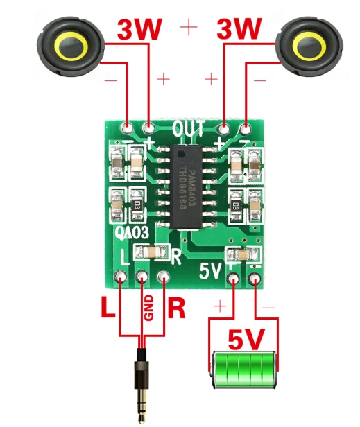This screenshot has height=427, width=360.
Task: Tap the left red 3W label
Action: pyautogui.click(x=140, y=30)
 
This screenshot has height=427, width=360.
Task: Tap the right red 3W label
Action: pyautogui.click(x=239, y=30)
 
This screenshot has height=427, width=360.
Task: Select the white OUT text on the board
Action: pyautogui.click(x=188, y=129)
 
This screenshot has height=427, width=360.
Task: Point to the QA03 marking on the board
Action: pyautogui.click(x=134, y=234)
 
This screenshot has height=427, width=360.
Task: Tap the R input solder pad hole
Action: pyautogui.click(x=164, y=279)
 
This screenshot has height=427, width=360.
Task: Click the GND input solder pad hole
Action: pyautogui.click(x=142, y=279)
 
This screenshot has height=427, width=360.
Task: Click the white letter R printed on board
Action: pyautogui.click(x=176, y=256)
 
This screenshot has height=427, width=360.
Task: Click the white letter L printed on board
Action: pyautogui.click(x=125, y=256)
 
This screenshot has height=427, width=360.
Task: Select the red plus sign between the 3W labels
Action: pyautogui.click(x=188, y=28)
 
